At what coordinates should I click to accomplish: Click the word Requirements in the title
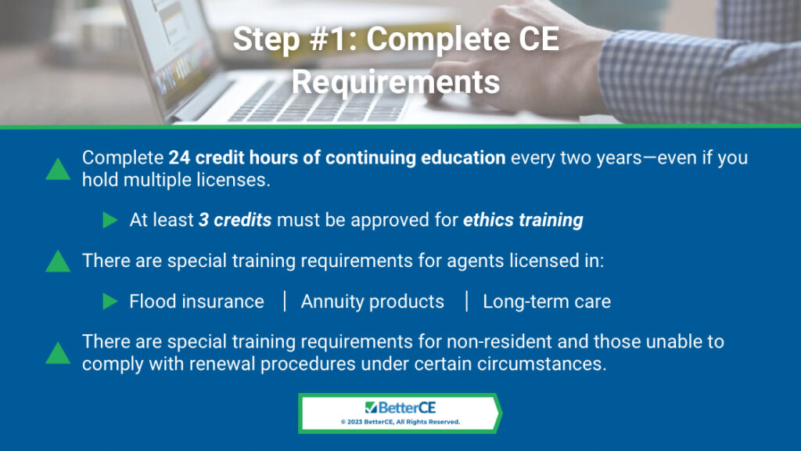(396, 82)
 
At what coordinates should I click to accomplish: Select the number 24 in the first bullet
(179, 157)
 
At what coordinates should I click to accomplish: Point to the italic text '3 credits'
(235, 220)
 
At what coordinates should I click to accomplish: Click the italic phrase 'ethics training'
(523, 220)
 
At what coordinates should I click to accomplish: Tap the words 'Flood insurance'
(196, 301)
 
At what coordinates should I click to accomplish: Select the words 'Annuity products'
(372, 301)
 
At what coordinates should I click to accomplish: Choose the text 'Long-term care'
(547, 301)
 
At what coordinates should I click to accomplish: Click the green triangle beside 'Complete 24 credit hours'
(58, 169)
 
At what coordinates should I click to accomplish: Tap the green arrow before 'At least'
(110, 220)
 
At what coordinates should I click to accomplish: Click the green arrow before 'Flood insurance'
(110, 301)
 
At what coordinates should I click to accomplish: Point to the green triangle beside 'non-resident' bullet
(58, 353)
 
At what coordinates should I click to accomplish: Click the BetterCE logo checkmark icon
(371, 407)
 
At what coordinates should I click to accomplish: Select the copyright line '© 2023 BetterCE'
(400, 422)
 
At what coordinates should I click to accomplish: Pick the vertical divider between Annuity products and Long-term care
(466, 301)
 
